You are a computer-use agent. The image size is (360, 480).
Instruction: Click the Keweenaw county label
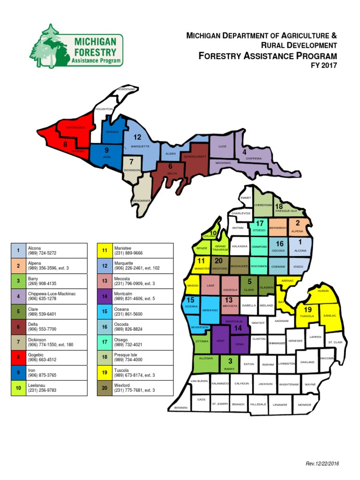[126, 89]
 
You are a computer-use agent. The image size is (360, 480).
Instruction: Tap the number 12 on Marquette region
[137, 137]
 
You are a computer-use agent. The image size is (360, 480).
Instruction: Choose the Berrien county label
[180, 408]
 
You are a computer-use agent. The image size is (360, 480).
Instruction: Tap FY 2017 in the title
[324, 66]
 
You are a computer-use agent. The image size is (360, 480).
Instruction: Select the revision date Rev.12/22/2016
[322, 464]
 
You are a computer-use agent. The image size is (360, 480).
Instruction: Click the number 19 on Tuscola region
[307, 309]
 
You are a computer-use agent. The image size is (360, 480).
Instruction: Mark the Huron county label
[323, 291]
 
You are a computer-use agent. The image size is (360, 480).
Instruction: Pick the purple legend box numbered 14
[105, 296]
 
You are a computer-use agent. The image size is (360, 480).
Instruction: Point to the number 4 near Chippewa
[244, 152]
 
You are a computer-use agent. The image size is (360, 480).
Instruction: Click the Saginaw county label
[281, 321]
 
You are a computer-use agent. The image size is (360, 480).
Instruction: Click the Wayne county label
[310, 384]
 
